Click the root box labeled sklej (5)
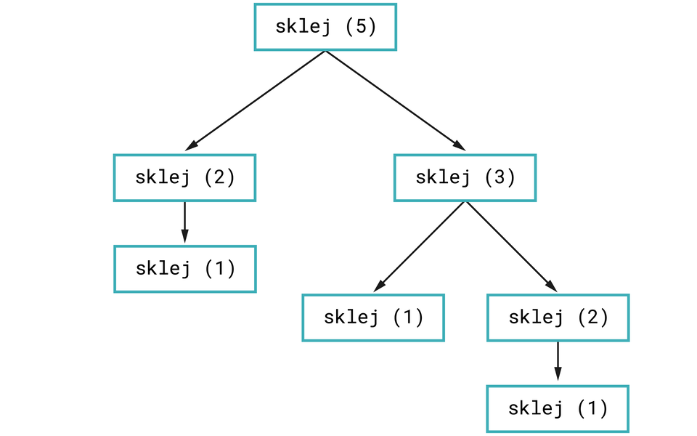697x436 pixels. [325, 27]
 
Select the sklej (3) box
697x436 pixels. [465, 177]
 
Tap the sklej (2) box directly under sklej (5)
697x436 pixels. [184, 177]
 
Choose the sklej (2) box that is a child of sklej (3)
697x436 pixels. [558, 318]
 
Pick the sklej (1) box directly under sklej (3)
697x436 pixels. [372, 318]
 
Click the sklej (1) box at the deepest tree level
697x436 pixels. [558, 409]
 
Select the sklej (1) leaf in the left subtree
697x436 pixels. [184, 269]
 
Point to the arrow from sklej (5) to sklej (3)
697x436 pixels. [396, 100]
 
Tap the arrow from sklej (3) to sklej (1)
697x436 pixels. [420, 246]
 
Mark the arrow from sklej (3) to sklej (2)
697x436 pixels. [511, 246]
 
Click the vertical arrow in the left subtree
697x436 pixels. [184, 222]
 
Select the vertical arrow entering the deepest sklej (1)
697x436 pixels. [558, 362]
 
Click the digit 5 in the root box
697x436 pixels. [361, 27]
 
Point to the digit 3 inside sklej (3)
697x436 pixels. [501, 177]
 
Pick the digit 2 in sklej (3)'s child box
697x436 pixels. [594, 318]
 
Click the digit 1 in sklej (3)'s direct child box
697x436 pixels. [409, 318]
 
